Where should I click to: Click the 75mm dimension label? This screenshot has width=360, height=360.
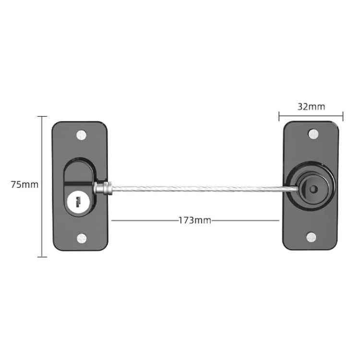24,184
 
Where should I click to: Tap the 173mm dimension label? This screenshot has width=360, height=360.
195,221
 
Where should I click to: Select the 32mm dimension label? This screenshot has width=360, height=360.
311,107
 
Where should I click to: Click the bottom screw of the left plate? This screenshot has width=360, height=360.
81,237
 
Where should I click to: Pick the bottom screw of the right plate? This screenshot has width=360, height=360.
311,236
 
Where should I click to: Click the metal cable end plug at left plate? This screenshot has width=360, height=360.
102,188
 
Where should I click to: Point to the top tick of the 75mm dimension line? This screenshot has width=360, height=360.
42,117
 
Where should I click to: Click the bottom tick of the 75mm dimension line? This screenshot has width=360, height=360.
42,257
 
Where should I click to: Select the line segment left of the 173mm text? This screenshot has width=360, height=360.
144,221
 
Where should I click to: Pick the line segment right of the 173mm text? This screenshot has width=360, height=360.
245,221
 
